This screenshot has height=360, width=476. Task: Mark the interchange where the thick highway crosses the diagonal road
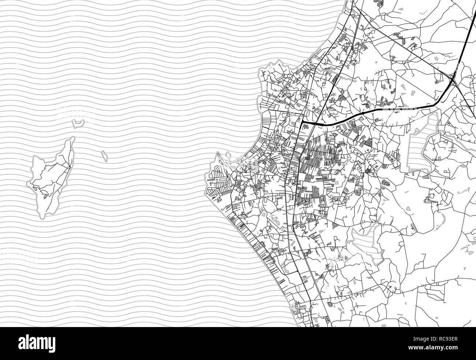pyautogui.click(x=453, y=78)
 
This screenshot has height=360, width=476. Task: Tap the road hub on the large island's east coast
pyautogui.click(x=68, y=167)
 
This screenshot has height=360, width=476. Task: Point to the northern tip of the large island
pyautogui.click(x=73, y=138)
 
